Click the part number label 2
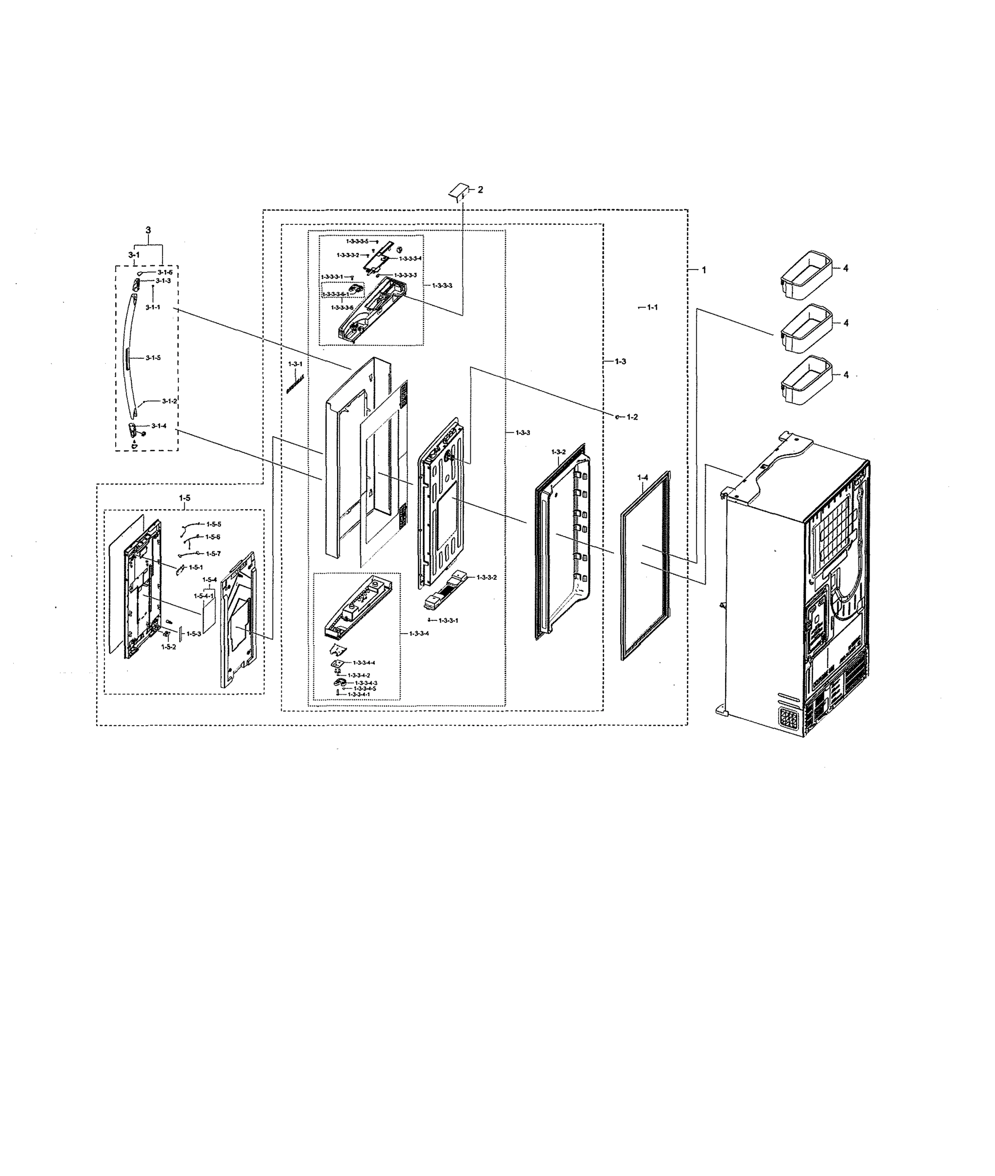[480, 190]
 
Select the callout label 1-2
[632, 417]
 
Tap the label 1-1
[652, 307]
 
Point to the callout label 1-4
[642, 478]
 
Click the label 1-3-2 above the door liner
[558, 452]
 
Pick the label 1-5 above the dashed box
[184, 498]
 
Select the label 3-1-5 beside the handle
[153, 358]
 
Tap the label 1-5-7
[213, 554]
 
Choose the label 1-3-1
[295, 364]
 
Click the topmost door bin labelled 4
[806, 275]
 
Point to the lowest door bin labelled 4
[806, 381]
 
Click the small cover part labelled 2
[459, 190]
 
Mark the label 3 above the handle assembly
[148, 230]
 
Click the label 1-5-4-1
[204, 596]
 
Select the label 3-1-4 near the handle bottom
[159, 426]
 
